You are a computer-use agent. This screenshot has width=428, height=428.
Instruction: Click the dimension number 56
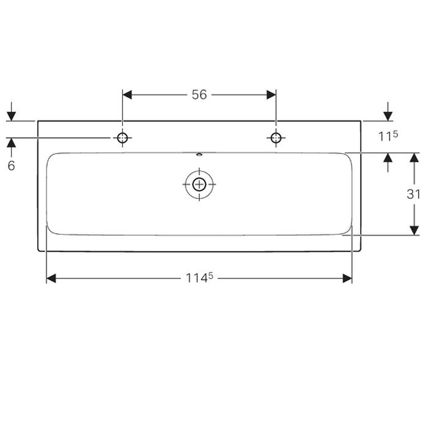199,94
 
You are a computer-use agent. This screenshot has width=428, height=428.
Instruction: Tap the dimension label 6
11,166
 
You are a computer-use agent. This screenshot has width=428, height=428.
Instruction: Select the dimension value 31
414,194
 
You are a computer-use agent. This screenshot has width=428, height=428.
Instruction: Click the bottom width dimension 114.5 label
199,278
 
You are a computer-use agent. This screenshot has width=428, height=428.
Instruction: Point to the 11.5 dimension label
387,137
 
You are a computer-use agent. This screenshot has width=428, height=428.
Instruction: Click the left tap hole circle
122,138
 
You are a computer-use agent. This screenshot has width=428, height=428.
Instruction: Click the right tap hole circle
276,138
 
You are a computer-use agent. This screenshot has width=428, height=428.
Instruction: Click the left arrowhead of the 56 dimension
127,94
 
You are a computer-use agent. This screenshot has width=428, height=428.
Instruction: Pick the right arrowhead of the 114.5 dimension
347,278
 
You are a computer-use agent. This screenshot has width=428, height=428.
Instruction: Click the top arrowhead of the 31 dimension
414,157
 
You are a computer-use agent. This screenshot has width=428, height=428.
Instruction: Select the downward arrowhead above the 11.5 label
387,116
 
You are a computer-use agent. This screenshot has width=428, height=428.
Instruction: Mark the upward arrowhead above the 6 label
11,142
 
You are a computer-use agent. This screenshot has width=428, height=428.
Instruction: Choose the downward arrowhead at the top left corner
11,116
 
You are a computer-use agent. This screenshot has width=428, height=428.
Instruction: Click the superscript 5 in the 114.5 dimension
210,275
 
